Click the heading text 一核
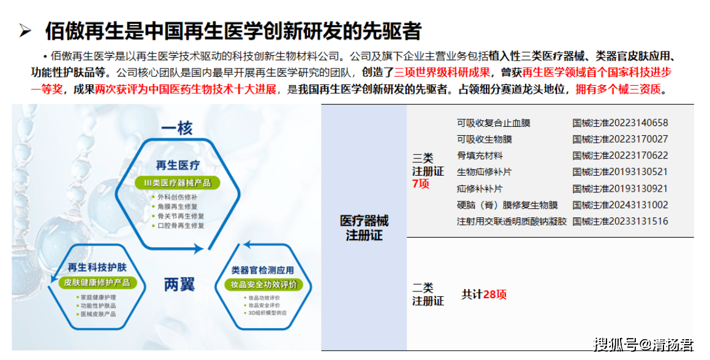[177, 128]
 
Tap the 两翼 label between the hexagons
[179, 284]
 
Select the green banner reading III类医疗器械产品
[178, 183]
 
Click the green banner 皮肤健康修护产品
[97, 283]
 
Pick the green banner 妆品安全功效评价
[264, 284]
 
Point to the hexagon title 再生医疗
[178, 165]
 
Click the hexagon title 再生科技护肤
[97, 267]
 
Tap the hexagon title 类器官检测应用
[263, 271]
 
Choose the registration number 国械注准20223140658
[620, 122]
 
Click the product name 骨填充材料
[480, 156]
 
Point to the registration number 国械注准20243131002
[620, 205]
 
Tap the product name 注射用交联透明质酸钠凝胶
[512, 222]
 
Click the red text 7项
[421, 184]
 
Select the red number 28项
[495, 294]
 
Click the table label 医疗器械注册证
[364, 228]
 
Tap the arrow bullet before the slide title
[25, 31]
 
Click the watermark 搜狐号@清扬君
[643, 344]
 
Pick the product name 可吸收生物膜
[484, 140]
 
